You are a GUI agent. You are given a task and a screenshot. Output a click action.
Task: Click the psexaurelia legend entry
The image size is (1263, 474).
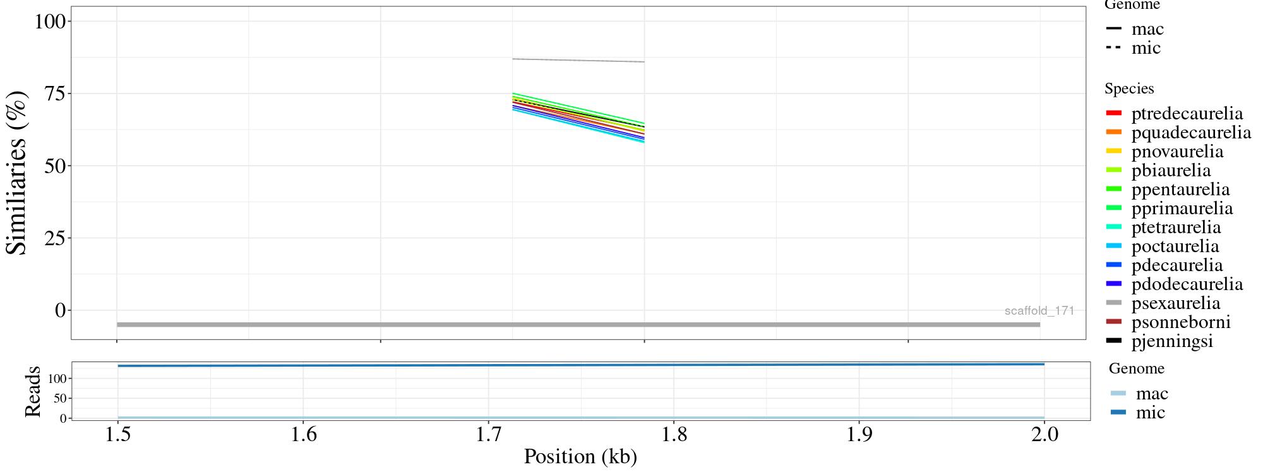point(1175,303)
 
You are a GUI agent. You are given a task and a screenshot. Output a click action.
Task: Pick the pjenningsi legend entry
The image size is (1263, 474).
point(1172,341)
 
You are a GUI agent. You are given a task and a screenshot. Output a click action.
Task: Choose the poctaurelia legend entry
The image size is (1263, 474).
point(1175,246)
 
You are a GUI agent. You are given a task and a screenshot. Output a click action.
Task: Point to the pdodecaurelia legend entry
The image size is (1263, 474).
point(1187,284)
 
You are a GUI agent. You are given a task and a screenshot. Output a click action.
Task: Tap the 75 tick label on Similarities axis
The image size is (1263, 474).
point(55,94)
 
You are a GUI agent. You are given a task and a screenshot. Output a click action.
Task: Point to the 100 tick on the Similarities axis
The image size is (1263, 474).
point(50,21)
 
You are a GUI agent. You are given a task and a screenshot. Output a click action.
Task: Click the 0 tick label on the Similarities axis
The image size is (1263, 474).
point(61,310)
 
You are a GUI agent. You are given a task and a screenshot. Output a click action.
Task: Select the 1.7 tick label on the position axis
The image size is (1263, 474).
point(488,435)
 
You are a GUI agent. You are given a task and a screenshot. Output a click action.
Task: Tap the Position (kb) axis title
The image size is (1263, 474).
point(580,456)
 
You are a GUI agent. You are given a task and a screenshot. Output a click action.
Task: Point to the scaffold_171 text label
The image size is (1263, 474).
point(1039,311)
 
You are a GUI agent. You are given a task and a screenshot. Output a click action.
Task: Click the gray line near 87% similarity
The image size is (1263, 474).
point(578,61)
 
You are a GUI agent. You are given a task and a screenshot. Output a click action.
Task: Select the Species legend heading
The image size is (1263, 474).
point(1128,88)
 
